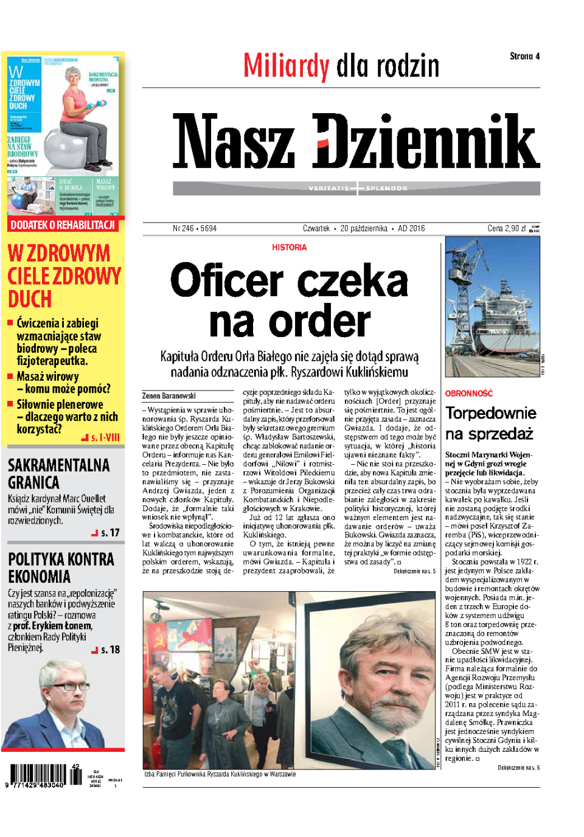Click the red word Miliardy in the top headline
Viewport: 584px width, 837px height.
tap(286, 66)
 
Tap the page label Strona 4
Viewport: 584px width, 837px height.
tap(524, 57)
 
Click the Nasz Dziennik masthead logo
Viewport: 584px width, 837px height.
tap(356, 141)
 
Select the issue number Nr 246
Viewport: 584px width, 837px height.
tap(183, 229)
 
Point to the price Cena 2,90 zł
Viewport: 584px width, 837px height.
tap(507, 229)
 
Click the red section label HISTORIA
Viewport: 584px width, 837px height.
tap(290, 248)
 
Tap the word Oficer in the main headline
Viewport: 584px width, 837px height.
tap(227, 280)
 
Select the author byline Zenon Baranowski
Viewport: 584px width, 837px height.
tap(169, 396)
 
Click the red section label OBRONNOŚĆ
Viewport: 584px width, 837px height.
tap(468, 394)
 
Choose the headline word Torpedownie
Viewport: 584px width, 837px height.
tap(490, 413)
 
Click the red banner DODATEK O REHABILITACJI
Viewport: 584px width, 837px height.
tap(63, 225)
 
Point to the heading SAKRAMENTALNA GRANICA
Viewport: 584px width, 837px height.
tap(58, 474)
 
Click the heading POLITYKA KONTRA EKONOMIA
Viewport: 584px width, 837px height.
tap(61, 568)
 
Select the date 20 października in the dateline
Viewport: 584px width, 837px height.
tap(364, 229)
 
